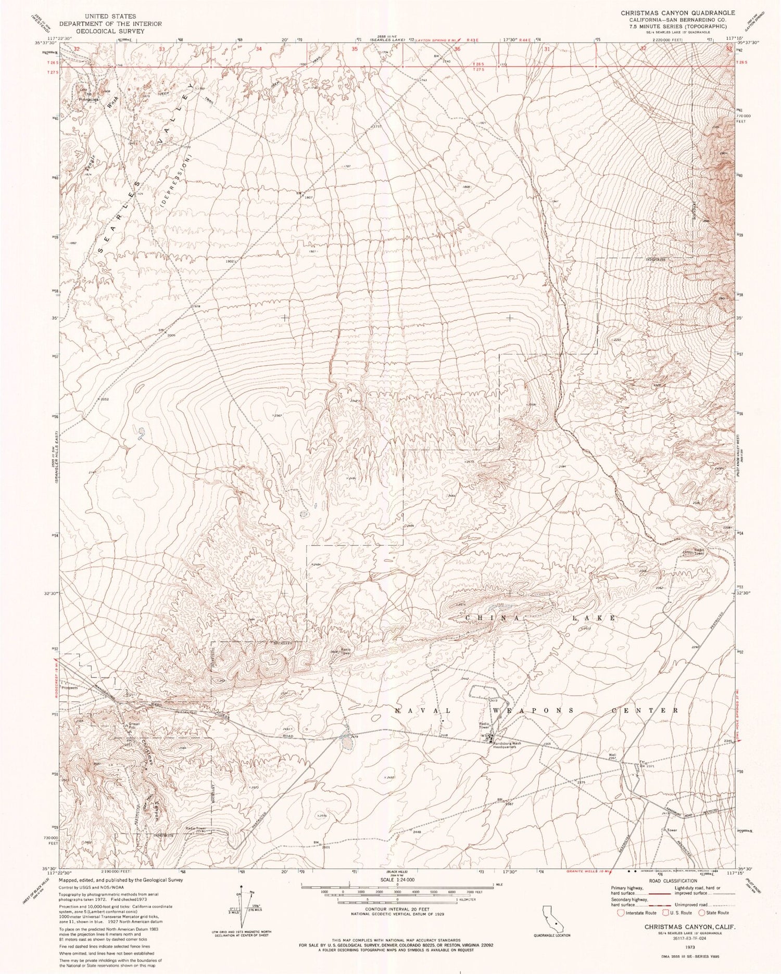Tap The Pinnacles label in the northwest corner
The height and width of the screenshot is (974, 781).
click(84, 97)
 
